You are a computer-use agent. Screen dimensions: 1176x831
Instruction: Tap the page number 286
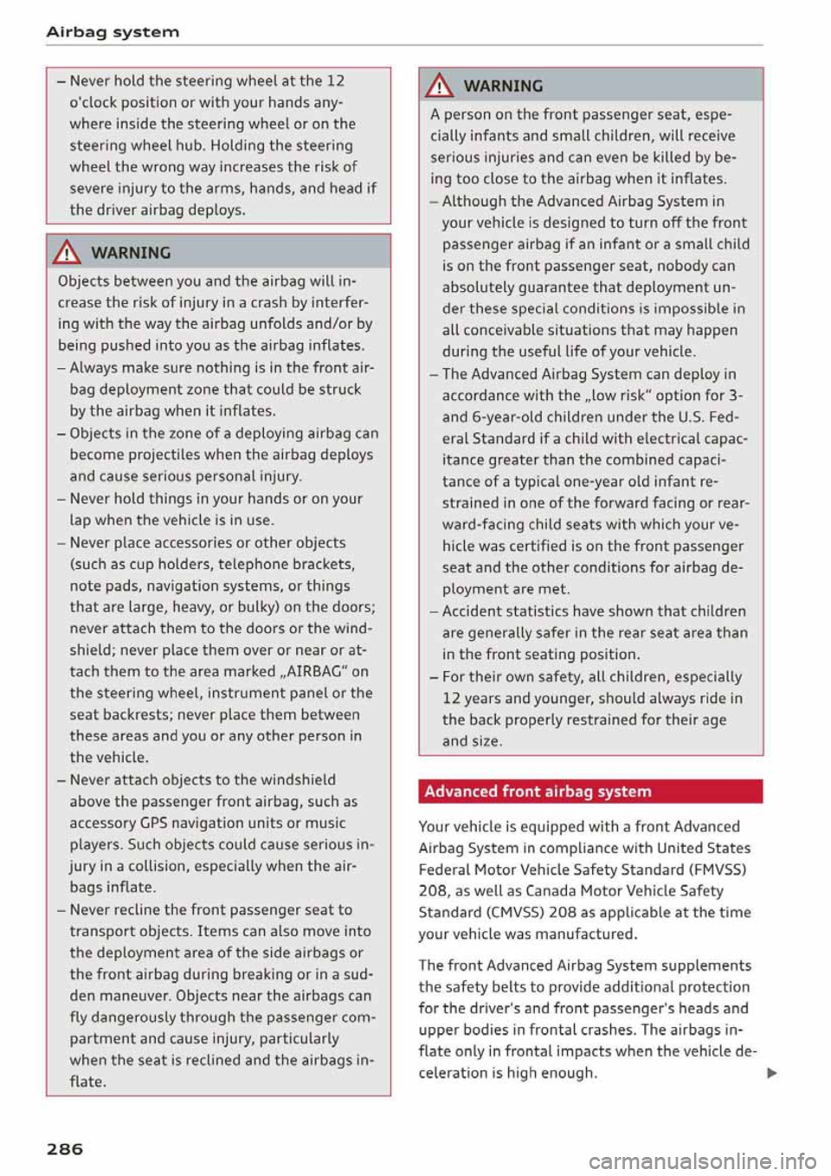[65, 1148]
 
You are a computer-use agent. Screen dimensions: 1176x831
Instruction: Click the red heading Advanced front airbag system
[538, 792]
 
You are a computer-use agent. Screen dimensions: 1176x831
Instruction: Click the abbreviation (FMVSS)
[718, 869]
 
